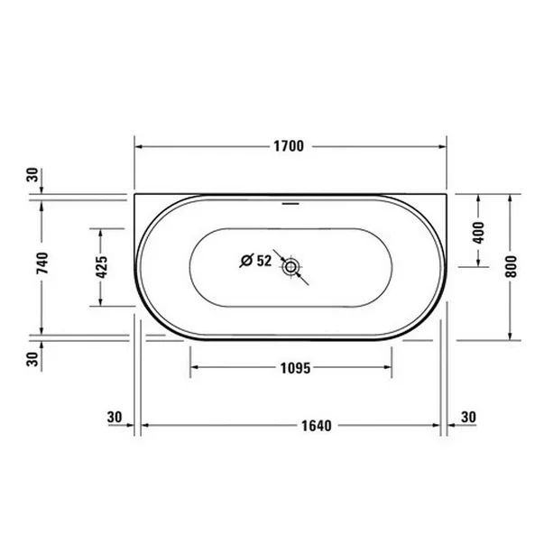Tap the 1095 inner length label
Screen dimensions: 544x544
click(x=290, y=367)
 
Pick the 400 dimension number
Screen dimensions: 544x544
click(x=478, y=231)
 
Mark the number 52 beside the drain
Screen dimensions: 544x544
click(x=263, y=261)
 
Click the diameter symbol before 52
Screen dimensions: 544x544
click(x=245, y=261)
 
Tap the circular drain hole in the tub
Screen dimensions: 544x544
click(x=290, y=266)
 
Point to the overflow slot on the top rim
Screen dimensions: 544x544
click(x=290, y=203)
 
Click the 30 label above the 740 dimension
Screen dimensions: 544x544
click(x=33, y=175)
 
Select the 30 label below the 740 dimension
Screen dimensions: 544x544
click(x=33, y=359)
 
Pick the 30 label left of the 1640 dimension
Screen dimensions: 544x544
click(x=114, y=417)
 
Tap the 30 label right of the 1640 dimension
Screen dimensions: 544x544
click(x=467, y=417)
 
